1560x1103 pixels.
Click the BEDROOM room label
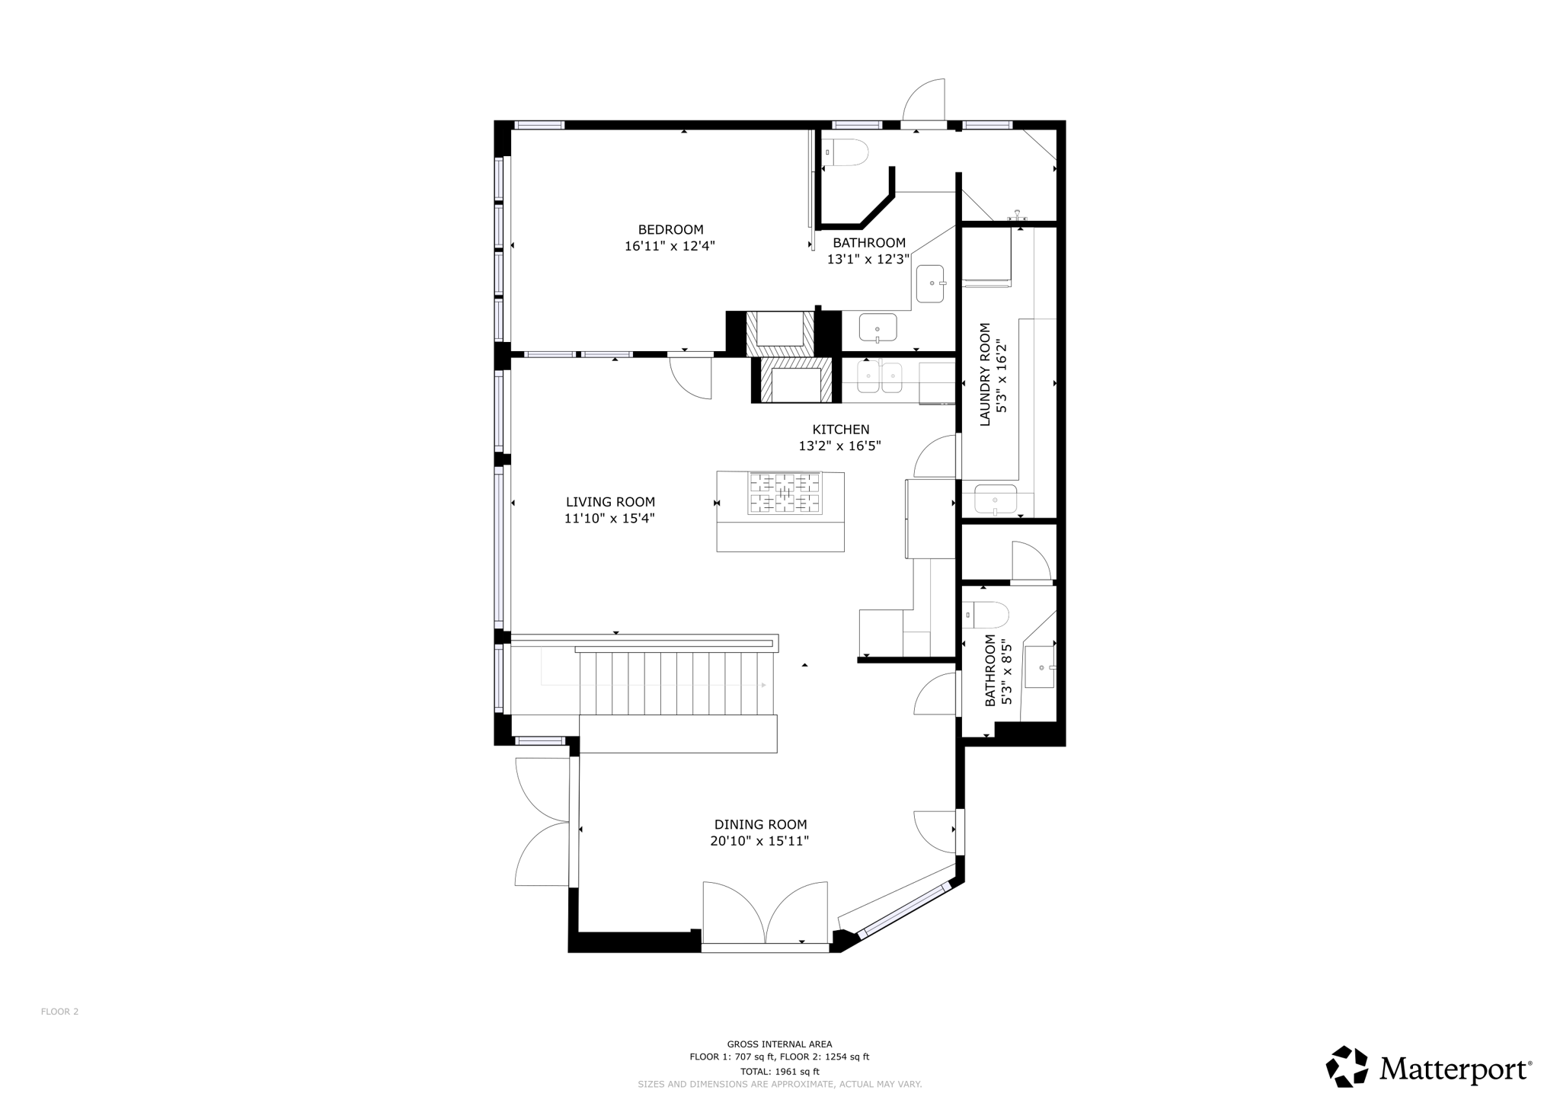pos(670,229)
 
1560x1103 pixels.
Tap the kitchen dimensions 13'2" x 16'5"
pos(839,446)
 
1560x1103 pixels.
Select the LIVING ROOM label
pos(610,502)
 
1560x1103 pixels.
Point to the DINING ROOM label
pos(760,824)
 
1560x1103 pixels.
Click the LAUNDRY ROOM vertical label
pos(985,374)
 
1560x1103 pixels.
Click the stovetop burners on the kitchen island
pos(785,493)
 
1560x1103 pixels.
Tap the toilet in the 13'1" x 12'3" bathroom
pos(847,152)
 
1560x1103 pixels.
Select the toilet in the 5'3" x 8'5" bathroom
pos(987,614)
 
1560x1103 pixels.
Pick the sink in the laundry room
pos(995,500)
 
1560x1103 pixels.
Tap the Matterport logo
pos(1429,1067)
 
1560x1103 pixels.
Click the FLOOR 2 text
pos(59,1012)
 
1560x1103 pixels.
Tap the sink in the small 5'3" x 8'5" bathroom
pos(1040,667)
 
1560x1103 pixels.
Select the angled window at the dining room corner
pos(904,909)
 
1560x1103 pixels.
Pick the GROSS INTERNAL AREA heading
pos(779,1044)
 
